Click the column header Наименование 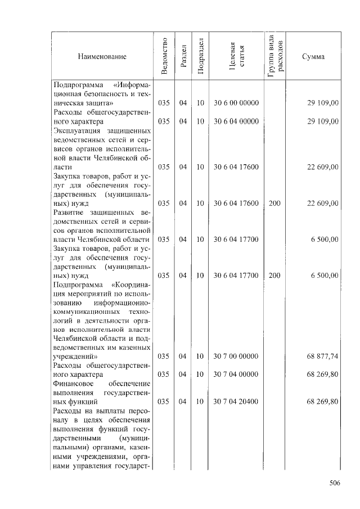pyautogui.click(x=102, y=57)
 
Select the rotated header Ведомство pyautogui.click(x=164, y=56)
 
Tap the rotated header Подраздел pyautogui.click(x=200, y=56)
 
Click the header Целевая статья pyautogui.click(x=236, y=56)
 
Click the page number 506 pyautogui.click(x=335, y=483)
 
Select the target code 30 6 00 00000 pyautogui.click(x=236, y=103)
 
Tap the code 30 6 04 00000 pyautogui.click(x=236, y=121)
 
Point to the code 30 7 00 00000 pyautogui.click(x=236, y=356)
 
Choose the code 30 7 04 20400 pyautogui.click(x=236, y=402)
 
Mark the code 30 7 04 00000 pyautogui.click(x=236, y=374)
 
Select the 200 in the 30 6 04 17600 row pyautogui.click(x=274, y=202)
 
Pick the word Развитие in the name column pyautogui.click(x=69, y=211)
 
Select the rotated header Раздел pyautogui.click(x=182, y=56)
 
